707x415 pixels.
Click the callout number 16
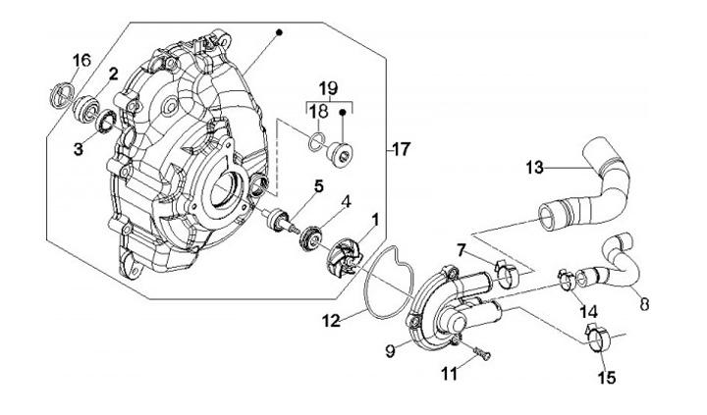pyautogui.click(x=82, y=60)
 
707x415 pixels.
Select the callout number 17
pyautogui.click(x=401, y=149)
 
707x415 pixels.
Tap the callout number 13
pyautogui.click(x=535, y=168)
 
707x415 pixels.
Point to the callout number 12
pyautogui.click(x=332, y=321)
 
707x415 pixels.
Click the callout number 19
pyautogui.click(x=329, y=87)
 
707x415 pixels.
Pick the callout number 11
pyautogui.click(x=450, y=374)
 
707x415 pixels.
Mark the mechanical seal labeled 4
pyautogui.click(x=310, y=238)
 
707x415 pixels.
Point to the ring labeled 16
pyautogui.click(x=60, y=94)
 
